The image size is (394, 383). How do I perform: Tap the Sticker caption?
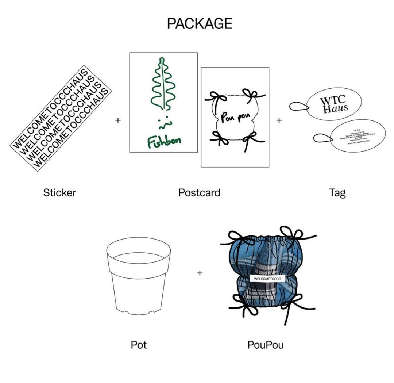click(59, 192)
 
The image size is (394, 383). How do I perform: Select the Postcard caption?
click(199, 192)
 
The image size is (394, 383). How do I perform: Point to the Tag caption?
click(337, 192)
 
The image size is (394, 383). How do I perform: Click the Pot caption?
click(139, 344)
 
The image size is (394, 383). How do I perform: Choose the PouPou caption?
click(265, 344)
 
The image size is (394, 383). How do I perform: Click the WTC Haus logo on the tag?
click(333, 104)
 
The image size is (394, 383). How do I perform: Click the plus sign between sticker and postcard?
click(117, 120)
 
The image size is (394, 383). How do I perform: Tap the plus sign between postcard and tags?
click(279, 120)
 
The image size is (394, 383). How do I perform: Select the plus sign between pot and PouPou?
click(200, 273)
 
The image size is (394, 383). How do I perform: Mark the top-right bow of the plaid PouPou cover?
click(292, 235)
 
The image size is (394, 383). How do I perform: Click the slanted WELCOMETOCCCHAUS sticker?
click(60, 119)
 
